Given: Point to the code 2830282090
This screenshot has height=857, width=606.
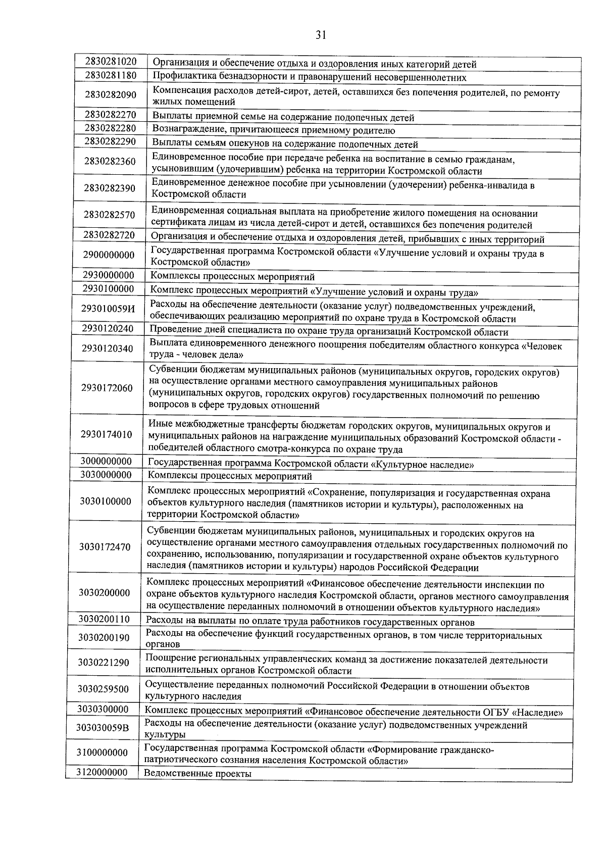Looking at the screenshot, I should (x=111, y=95).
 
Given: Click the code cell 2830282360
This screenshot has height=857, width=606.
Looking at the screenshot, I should (x=110, y=162).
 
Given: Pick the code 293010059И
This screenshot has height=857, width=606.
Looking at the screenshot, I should (x=109, y=309).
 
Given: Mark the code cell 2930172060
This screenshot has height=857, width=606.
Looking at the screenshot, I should (x=107, y=388).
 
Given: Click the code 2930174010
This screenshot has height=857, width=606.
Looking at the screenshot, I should (x=107, y=434).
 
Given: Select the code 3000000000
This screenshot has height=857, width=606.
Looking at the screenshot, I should (x=106, y=462).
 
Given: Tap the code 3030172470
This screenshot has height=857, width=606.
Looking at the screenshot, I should (x=105, y=547).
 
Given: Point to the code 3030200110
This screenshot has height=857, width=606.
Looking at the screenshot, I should (x=104, y=619).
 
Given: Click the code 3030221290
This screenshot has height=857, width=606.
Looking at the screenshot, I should (x=104, y=663).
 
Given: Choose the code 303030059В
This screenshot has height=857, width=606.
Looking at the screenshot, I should (x=103, y=728).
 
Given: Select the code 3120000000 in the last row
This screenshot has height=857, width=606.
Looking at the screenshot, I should (x=102, y=772).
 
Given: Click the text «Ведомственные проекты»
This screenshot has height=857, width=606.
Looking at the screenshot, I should (x=197, y=773).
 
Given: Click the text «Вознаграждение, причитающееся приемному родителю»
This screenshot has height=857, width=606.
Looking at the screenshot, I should (x=274, y=131).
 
